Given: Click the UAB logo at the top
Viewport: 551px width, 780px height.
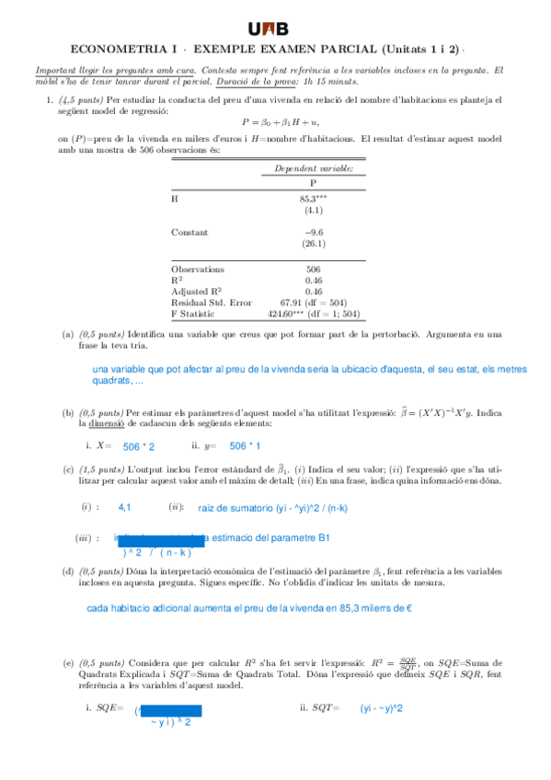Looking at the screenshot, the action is tap(275, 29).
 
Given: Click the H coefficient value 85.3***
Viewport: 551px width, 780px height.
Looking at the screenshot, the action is tap(313, 198).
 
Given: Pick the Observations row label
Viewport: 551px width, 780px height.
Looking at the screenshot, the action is tap(198, 270).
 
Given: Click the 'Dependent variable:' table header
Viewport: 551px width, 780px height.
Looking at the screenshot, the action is tap(314, 167).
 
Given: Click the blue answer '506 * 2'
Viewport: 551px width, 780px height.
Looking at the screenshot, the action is tap(138, 446).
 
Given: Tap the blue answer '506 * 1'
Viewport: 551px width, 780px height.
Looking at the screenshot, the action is tap(245, 446).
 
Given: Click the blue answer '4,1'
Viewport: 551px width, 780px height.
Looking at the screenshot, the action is tap(125, 507).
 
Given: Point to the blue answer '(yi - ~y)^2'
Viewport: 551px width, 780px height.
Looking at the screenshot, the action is tap(381, 708).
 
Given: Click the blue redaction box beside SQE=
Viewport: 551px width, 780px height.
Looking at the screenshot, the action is tap(169, 711).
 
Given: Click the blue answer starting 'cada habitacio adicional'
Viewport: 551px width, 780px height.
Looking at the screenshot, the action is tap(248, 608).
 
